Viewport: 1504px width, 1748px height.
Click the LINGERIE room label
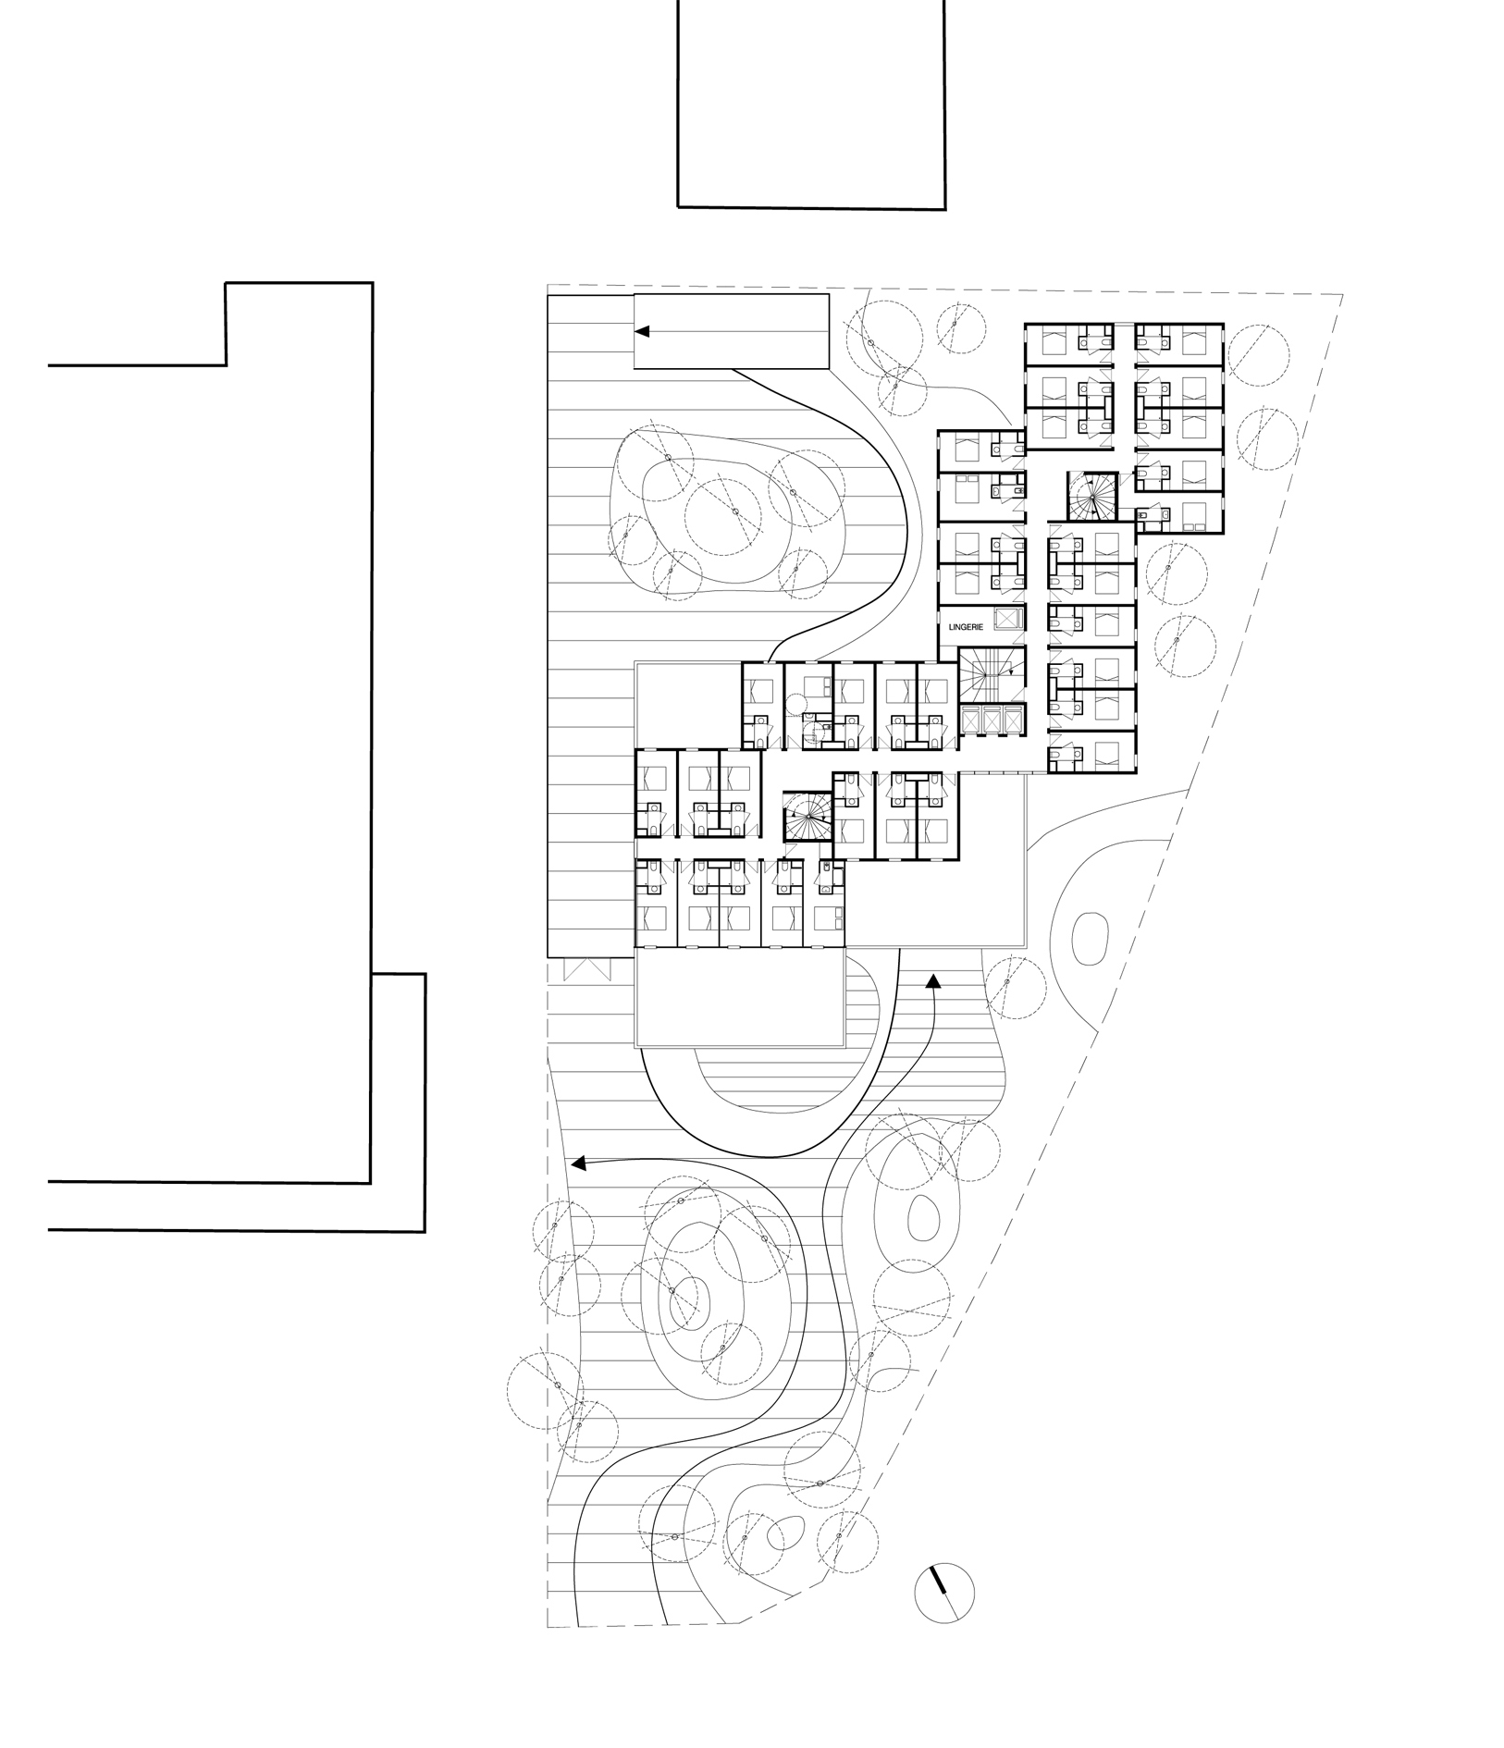965,626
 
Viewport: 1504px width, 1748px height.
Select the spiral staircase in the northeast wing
1092,496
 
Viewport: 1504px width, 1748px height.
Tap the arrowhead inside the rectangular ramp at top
641,330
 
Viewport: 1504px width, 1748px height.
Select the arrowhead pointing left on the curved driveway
579,1163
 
